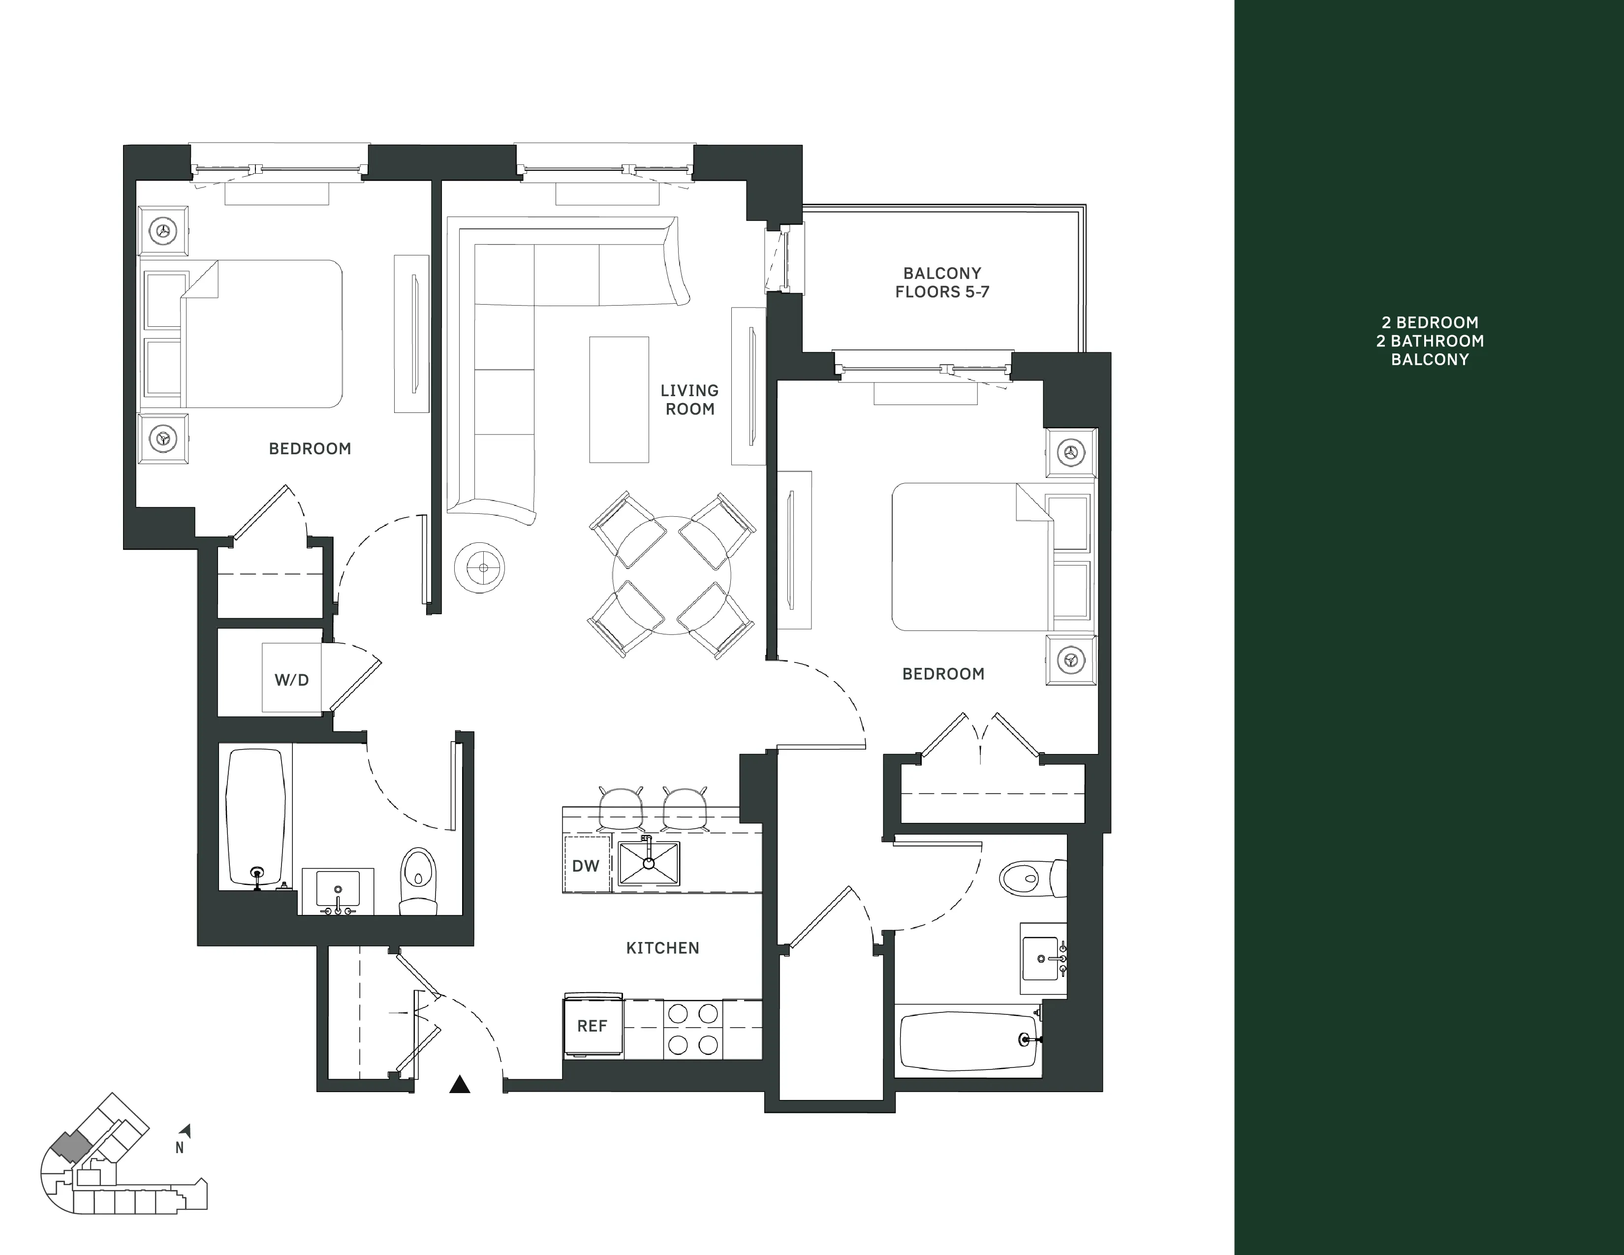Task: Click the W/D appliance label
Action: click(x=291, y=680)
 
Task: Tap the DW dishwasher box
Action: click(x=586, y=865)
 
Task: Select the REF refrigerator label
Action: click(x=593, y=1026)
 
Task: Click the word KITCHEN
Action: click(x=662, y=948)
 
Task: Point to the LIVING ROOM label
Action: click(x=690, y=399)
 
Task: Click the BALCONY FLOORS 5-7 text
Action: click(x=942, y=282)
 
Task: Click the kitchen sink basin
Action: click(x=649, y=863)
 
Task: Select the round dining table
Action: click(x=671, y=575)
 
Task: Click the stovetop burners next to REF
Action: click(x=692, y=1029)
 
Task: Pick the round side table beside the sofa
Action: click(x=480, y=568)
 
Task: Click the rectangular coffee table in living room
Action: click(x=619, y=399)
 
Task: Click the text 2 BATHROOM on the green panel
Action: click(x=1429, y=341)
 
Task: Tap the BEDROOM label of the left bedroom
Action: click(x=310, y=448)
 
